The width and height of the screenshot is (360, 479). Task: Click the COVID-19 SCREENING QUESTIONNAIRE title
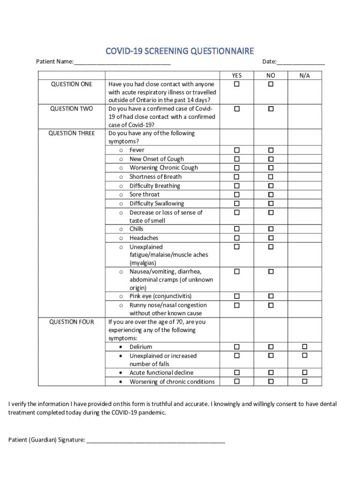tap(180, 51)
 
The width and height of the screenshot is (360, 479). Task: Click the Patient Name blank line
tap(122, 62)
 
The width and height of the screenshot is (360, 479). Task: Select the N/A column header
tap(304, 75)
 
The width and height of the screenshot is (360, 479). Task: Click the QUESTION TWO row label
tap(72, 109)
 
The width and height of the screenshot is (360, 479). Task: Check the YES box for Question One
tap(237, 84)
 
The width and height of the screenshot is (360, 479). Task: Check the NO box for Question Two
tap(271, 109)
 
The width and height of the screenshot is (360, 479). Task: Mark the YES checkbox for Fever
tap(237, 150)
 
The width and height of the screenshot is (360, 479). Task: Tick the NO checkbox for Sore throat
tap(271, 194)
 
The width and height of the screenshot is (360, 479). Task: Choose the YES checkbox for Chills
tap(237, 229)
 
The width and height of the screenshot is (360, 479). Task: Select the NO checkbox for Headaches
tap(271, 238)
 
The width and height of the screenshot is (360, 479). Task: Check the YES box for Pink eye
tap(237, 296)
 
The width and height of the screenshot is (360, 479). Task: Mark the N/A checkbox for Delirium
tap(304, 347)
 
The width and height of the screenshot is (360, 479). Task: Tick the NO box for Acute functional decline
tap(271, 372)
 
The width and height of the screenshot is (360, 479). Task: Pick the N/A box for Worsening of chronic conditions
tap(304, 381)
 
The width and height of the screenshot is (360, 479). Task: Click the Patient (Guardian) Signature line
tap(156, 440)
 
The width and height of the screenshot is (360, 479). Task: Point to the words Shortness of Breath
tap(155, 177)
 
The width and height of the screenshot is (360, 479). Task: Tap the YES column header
tap(237, 75)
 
